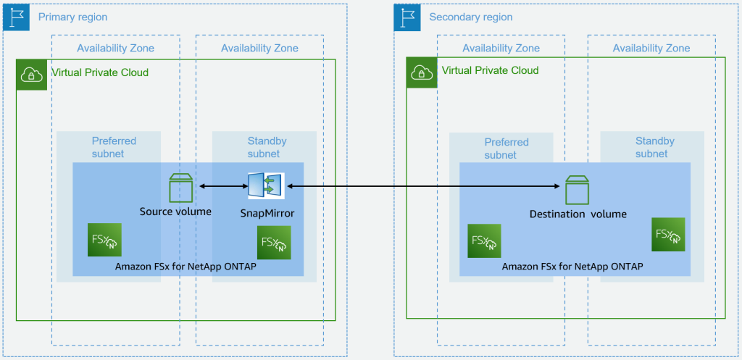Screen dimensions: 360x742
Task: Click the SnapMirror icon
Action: tap(266, 185)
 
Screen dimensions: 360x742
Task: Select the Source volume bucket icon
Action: tap(180, 188)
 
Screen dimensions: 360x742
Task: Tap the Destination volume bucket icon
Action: tap(577, 190)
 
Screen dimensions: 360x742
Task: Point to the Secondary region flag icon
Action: tap(408, 17)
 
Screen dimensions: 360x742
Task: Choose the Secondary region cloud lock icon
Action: tap(421, 72)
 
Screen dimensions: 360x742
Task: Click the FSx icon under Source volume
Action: tap(104, 240)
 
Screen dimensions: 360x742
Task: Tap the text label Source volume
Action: tap(175, 212)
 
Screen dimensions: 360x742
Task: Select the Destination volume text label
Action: tap(578, 214)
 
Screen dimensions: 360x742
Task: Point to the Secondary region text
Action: tap(470, 17)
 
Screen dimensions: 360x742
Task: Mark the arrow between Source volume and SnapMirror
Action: tap(222, 187)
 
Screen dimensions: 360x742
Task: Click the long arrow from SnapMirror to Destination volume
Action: tap(424, 187)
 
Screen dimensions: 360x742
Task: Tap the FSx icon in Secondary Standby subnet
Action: tap(668, 235)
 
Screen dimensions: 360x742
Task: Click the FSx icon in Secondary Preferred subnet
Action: tap(484, 241)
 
